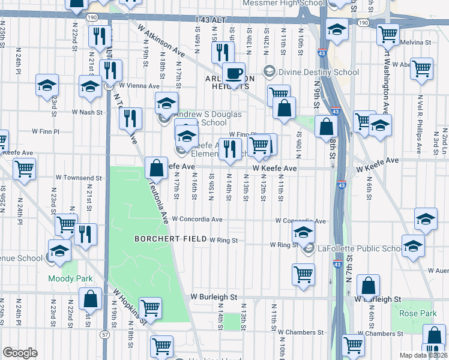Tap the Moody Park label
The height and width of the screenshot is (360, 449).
71,279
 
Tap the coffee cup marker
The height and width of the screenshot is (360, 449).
234,74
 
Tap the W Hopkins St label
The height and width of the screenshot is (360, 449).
130,306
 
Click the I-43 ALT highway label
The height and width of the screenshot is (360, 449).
210,20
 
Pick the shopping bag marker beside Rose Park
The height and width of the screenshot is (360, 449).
369,287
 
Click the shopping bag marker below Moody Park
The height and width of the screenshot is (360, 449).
90,299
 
